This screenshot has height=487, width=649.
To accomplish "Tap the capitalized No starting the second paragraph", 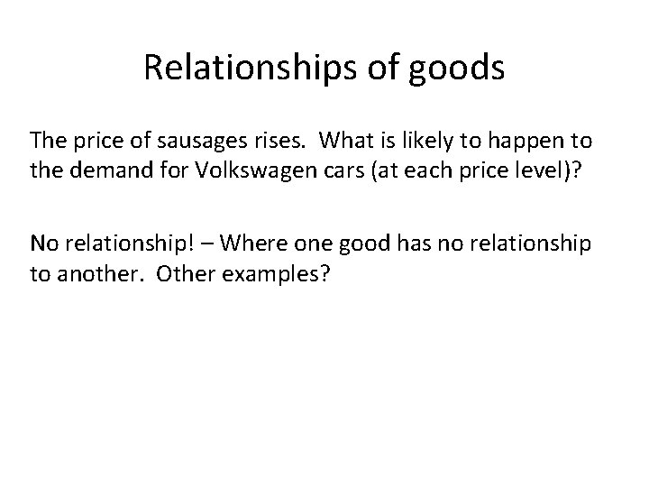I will [x=42, y=243].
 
